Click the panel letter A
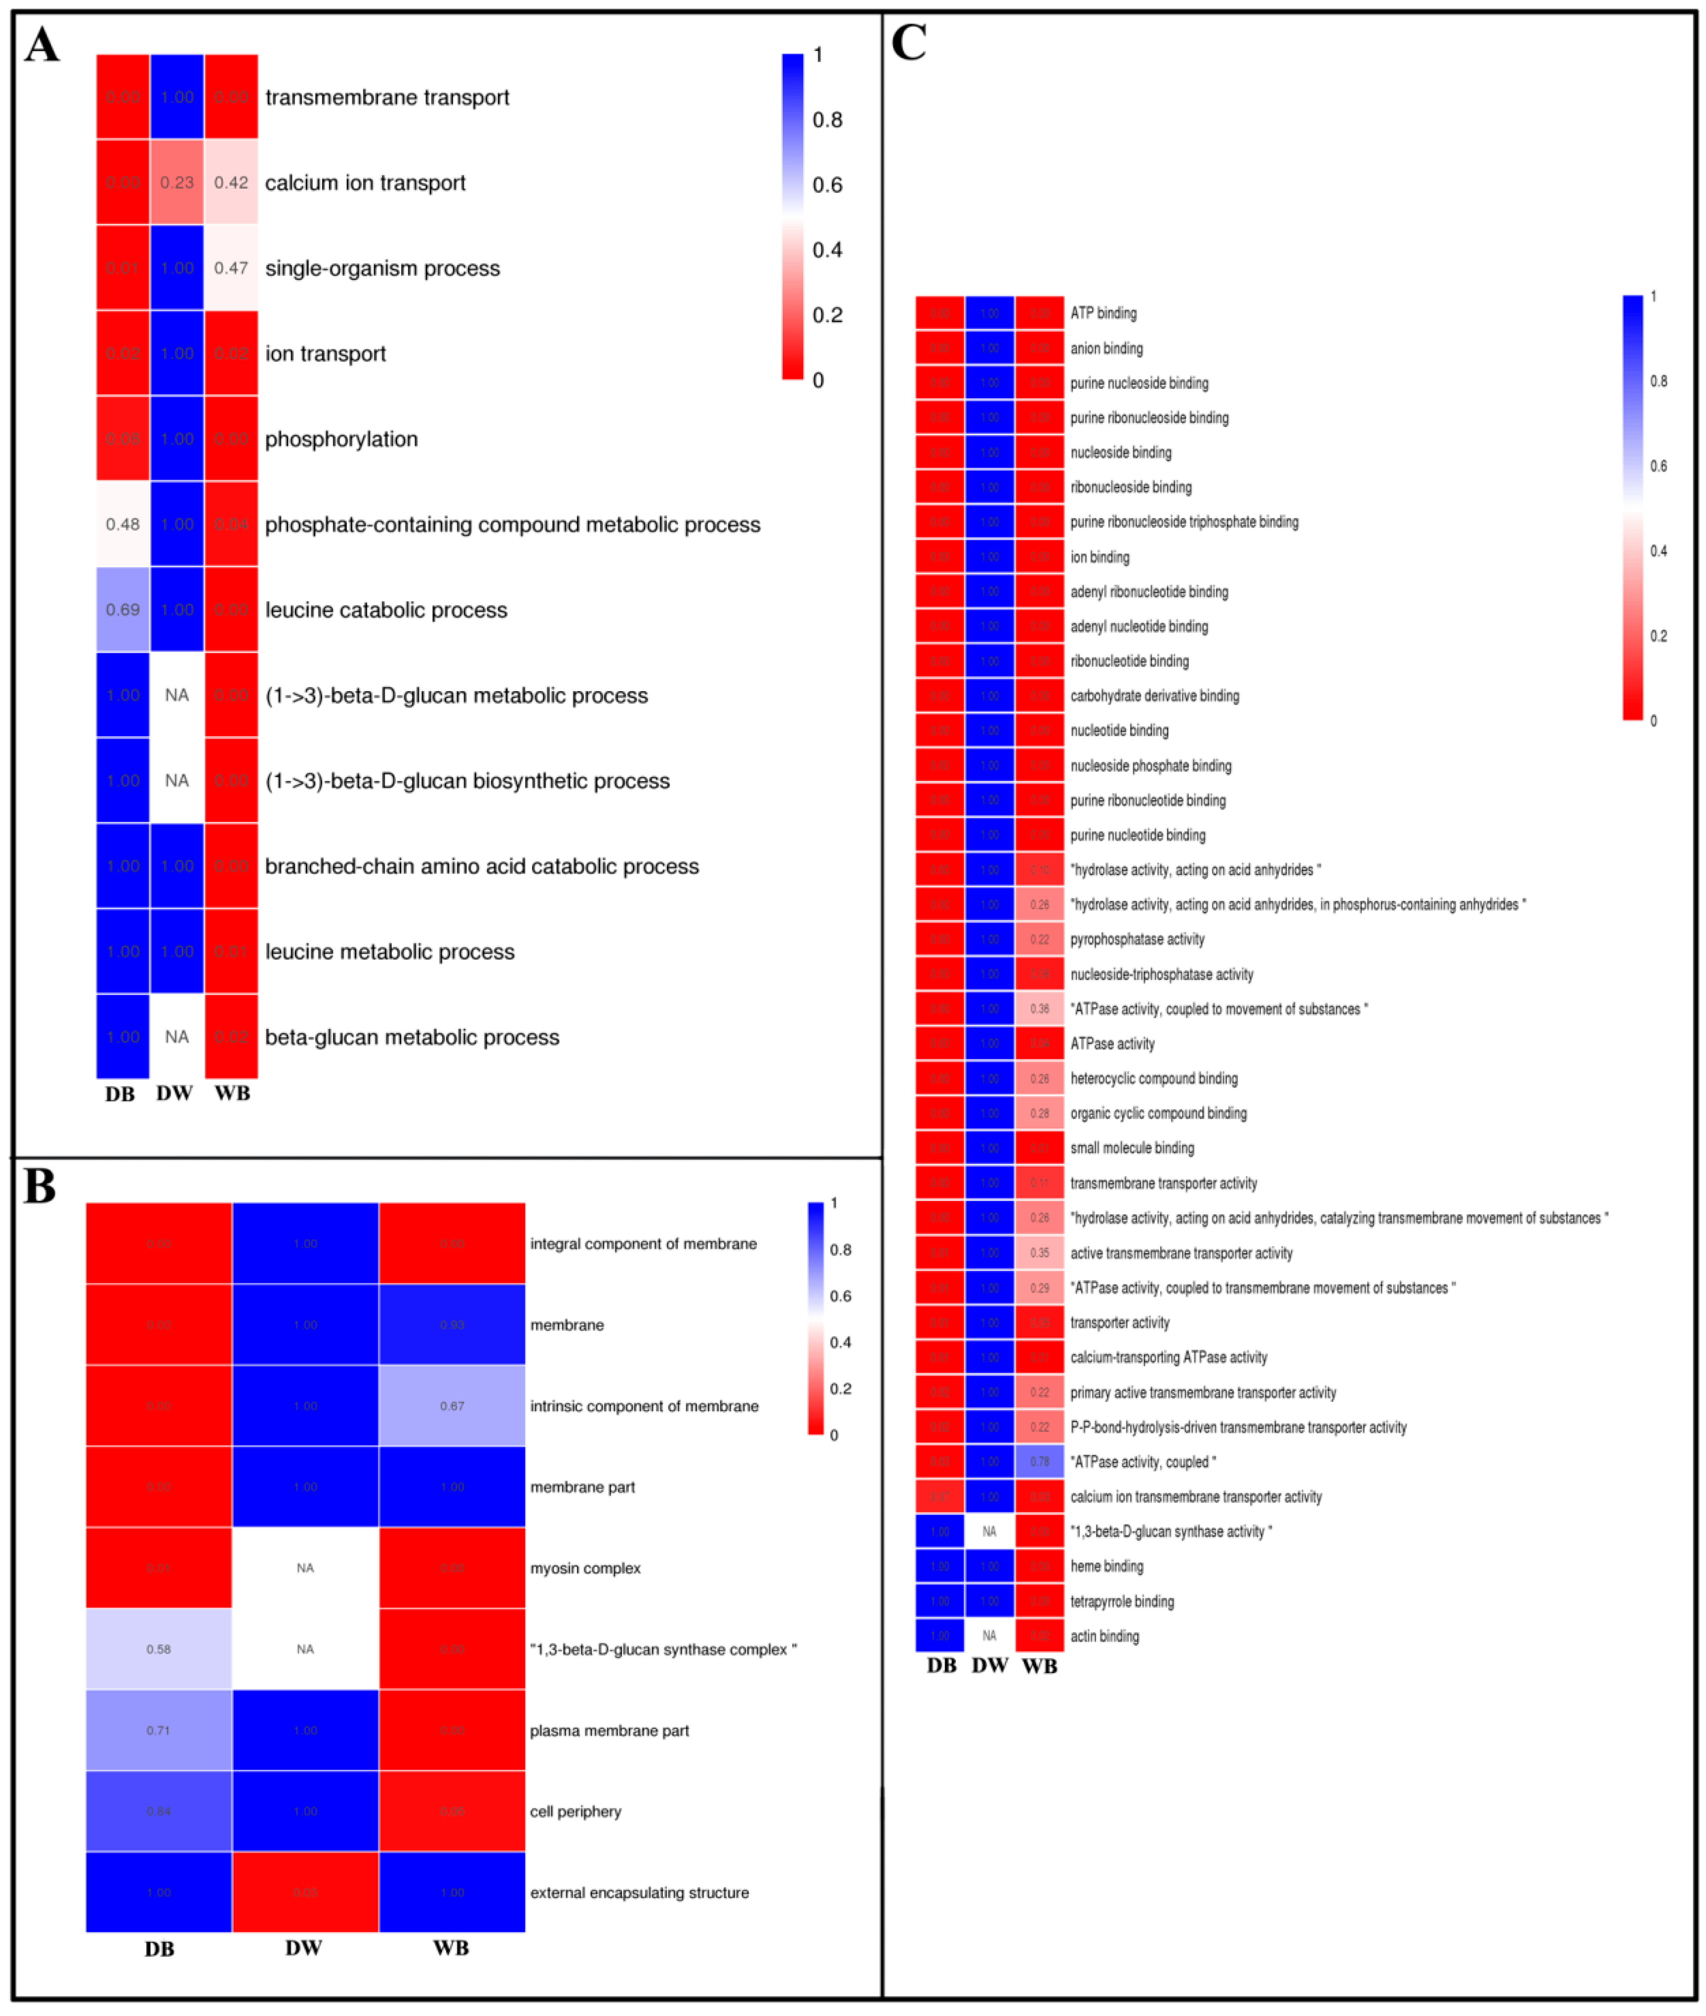(x=41, y=45)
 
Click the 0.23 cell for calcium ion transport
(x=177, y=183)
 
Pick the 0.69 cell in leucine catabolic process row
(x=123, y=609)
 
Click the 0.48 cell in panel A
(x=123, y=524)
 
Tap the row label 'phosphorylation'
(x=341, y=439)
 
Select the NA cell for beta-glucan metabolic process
(x=177, y=1037)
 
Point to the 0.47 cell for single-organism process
(x=231, y=268)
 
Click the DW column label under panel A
(x=175, y=1093)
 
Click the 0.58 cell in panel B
(x=158, y=1649)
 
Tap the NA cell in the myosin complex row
(x=306, y=1568)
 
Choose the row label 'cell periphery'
(x=575, y=1812)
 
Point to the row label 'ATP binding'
(x=1104, y=313)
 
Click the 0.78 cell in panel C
(x=1040, y=1462)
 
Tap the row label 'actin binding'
(x=1105, y=1636)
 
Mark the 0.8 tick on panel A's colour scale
(x=827, y=120)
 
